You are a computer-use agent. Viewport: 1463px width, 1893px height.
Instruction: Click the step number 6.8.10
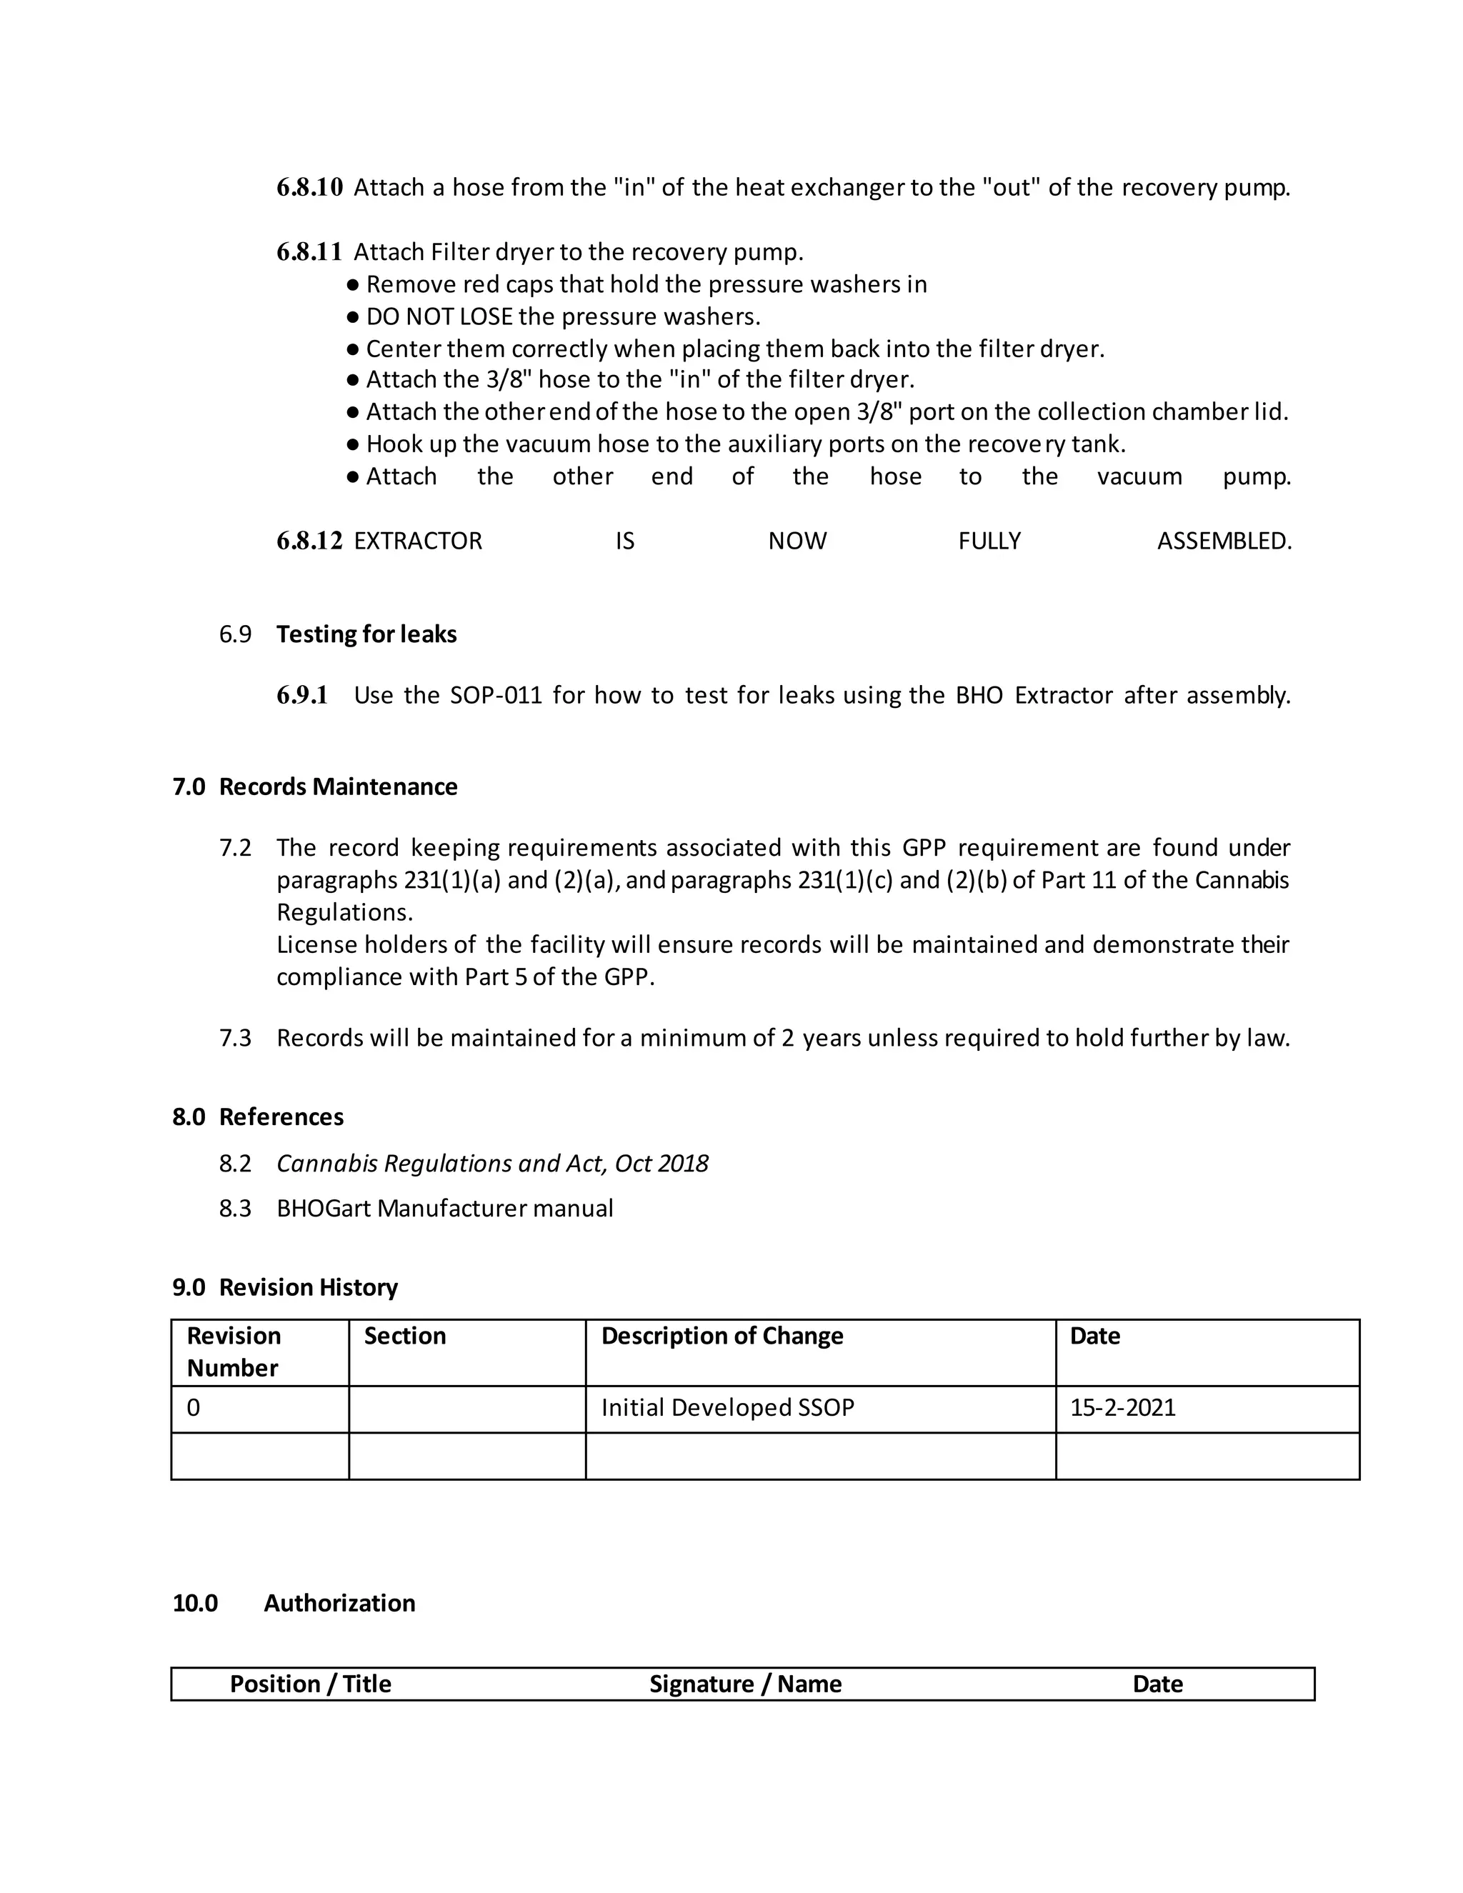[309, 187]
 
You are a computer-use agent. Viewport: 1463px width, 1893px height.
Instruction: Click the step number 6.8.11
[309, 252]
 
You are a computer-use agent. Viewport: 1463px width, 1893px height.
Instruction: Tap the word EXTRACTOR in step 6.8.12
[418, 541]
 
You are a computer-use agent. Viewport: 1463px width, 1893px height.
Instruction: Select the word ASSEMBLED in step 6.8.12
[1224, 541]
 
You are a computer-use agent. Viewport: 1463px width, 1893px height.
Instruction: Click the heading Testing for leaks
[366, 634]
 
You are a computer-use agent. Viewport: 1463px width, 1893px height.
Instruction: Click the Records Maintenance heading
[338, 787]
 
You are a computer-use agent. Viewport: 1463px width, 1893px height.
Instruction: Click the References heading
[281, 1117]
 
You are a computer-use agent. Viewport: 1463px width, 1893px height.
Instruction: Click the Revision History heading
[308, 1287]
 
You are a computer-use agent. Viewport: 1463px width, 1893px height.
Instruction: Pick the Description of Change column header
[722, 1336]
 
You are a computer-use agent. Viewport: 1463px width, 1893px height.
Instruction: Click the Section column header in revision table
[405, 1336]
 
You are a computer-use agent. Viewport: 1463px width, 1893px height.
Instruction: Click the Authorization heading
[339, 1604]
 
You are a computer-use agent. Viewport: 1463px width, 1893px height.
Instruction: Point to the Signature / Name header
[745, 1684]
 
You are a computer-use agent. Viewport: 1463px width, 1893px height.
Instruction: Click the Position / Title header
[310, 1684]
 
